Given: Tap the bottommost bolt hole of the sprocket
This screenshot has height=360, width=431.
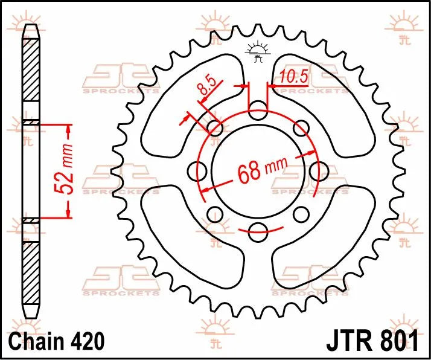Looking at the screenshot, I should (x=258, y=228).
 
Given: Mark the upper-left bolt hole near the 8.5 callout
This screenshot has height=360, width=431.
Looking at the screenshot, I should (x=215, y=127).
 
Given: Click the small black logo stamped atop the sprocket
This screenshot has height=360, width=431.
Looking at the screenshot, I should (x=258, y=53).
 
